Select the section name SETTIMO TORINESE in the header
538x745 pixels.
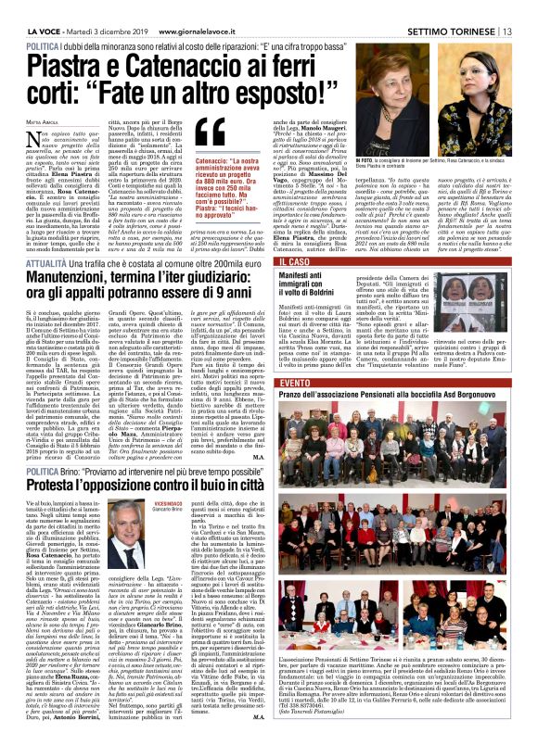(x=460, y=9)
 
